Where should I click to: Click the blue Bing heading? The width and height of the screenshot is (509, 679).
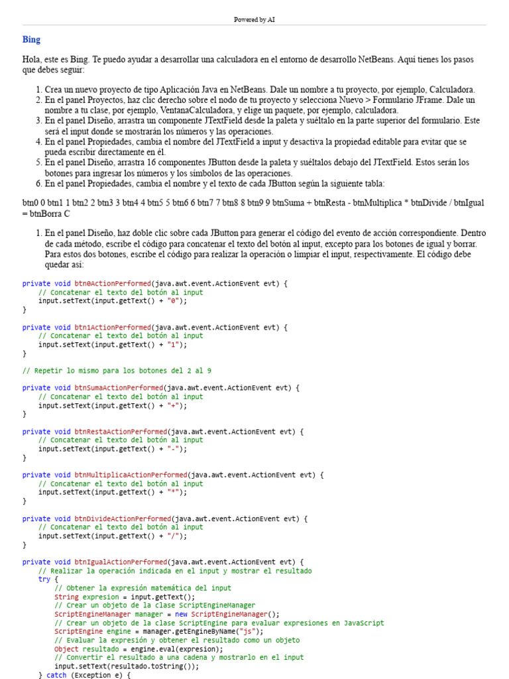31,40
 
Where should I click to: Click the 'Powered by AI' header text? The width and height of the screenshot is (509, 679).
254,20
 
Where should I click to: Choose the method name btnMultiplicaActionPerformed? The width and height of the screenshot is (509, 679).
131,475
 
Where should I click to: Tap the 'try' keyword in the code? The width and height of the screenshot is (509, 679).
44,579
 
